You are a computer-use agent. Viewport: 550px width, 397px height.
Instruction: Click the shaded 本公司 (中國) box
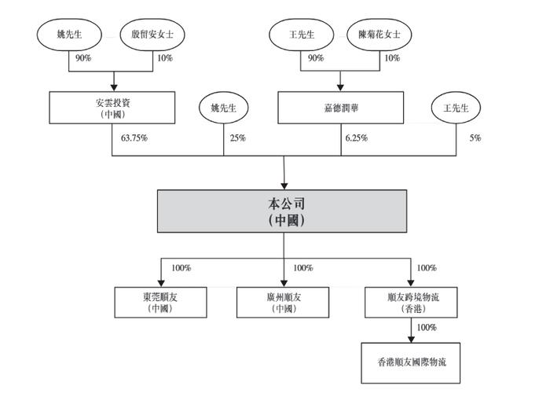282,211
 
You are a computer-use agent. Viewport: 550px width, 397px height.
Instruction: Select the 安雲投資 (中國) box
112,108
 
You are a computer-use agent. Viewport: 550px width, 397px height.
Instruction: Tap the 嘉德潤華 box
340,108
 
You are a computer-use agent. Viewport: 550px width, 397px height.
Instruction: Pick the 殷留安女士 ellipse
152,35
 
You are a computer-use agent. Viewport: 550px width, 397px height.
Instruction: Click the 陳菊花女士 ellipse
379,35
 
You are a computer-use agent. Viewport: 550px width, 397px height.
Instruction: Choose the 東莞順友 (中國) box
160,303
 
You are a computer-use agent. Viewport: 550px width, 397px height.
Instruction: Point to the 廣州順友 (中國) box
283,303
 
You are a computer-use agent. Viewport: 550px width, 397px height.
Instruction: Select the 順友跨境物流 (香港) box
411,303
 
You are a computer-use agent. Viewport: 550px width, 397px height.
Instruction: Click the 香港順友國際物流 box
411,363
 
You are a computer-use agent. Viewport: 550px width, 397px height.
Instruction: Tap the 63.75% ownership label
134,138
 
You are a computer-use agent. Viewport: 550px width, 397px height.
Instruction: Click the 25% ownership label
238,138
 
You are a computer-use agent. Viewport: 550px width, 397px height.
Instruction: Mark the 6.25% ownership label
357,138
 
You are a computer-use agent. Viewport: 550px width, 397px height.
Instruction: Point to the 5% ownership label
475,138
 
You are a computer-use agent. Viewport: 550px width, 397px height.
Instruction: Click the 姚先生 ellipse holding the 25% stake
223,108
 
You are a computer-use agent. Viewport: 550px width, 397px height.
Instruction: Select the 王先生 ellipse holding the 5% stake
456,108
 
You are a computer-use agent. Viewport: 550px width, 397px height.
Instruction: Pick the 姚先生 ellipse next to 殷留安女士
69,35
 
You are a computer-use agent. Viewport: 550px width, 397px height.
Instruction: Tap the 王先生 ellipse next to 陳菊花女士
302,35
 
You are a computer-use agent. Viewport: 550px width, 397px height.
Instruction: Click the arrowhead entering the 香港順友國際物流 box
411,340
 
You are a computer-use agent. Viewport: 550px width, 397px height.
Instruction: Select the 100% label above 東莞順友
181,268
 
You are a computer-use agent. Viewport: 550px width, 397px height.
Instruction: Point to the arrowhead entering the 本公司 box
284,186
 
